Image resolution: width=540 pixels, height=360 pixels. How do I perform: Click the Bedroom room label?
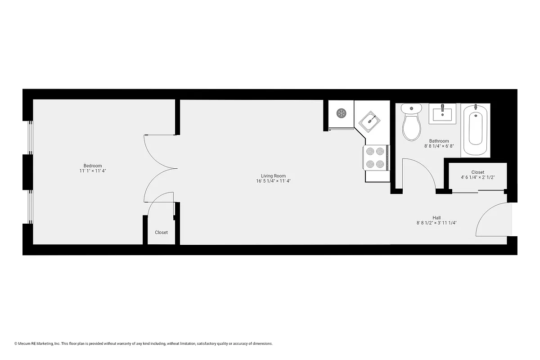(93, 165)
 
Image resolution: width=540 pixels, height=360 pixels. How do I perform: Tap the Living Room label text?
(273, 176)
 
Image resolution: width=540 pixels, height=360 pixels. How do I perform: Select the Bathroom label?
(439, 141)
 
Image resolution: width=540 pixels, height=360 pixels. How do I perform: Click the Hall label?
(436, 217)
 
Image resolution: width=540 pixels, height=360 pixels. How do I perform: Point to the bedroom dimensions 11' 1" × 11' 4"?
(93, 171)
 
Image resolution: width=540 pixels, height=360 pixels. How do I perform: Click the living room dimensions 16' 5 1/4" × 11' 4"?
(273, 181)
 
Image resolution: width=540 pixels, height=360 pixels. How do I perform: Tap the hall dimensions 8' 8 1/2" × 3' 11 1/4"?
(436, 223)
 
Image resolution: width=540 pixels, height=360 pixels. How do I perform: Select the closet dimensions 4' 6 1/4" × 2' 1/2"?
(477, 177)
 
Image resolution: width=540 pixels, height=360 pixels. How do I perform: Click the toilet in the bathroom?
(411, 122)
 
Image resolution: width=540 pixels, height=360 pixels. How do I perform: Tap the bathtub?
(476, 128)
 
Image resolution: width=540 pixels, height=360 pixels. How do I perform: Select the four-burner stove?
(376, 158)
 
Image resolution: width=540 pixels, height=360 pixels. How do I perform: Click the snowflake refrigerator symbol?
(341, 113)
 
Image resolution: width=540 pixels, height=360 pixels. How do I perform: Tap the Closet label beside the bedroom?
(161, 233)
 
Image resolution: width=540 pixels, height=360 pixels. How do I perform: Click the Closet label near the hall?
(477, 172)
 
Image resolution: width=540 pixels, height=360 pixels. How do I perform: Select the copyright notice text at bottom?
(144, 344)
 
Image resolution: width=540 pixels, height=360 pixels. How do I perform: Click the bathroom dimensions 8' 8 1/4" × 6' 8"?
(439, 146)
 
